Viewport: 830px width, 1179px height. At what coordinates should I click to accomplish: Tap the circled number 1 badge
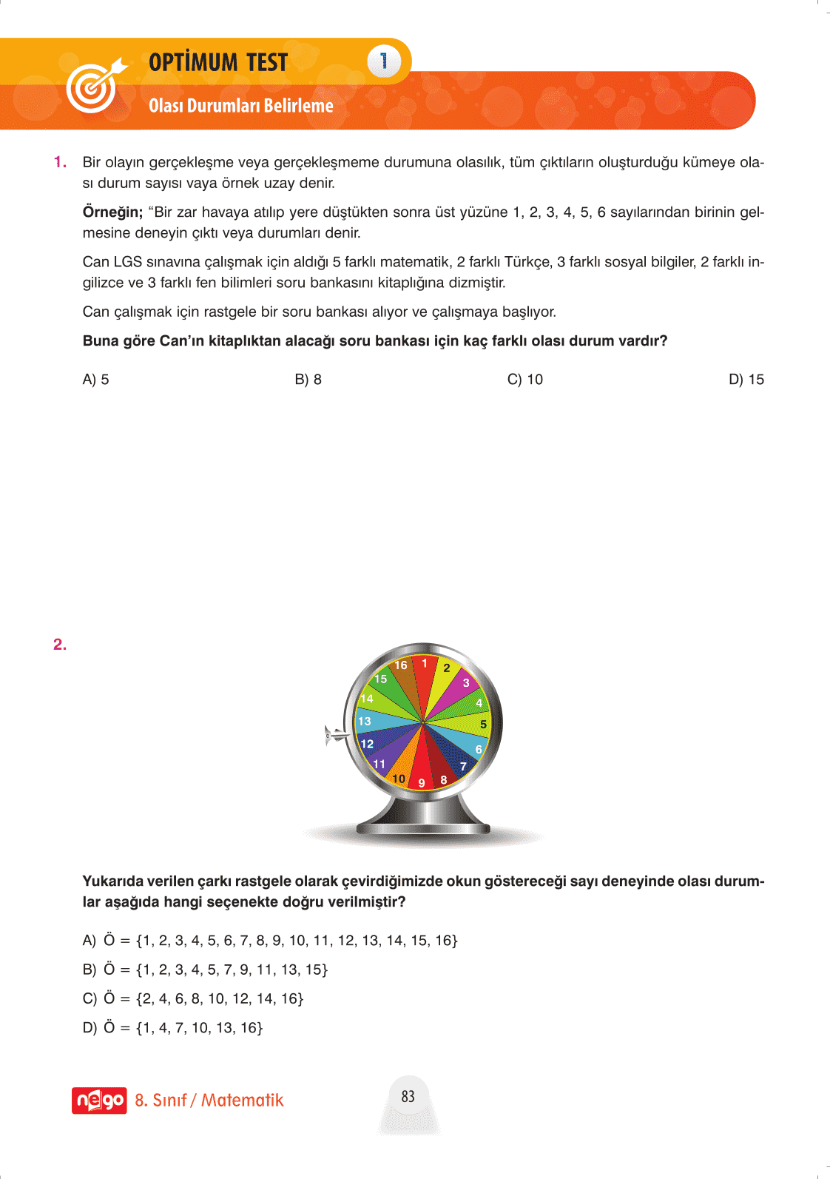[x=383, y=61]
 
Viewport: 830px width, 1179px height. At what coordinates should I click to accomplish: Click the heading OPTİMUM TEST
[x=218, y=62]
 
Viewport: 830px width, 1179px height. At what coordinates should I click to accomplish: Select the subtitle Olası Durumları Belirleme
[x=241, y=106]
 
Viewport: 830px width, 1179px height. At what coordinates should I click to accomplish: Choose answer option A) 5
[x=95, y=380]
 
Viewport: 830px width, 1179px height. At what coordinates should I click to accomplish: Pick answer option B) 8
[x=308, y=380]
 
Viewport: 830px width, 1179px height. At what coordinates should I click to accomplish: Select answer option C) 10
[x=524, y=380]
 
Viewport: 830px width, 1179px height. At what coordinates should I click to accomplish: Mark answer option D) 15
[x=746, y=380]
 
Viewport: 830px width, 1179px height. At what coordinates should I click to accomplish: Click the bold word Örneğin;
[x=112, y=212]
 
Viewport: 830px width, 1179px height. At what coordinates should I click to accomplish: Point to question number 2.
[x=60, y=645]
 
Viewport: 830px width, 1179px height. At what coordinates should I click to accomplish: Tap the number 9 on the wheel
[x=422, y=782]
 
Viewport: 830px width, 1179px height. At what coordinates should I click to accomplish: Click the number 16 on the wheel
[x=401, y=665]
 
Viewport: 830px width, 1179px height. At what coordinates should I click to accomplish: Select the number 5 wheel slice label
[x=483, y=725]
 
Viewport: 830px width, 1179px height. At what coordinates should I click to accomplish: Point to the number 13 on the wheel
[x=364, y=721]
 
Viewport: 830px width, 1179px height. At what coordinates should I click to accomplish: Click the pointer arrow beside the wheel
[x=336, y=735]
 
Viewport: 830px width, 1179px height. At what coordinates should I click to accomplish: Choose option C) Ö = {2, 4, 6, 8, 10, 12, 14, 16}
[x=193, y=998]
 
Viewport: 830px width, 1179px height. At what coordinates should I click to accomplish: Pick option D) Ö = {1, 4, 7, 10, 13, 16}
[x=172, y=1027]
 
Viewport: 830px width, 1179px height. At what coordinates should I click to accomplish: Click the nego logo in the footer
[x=99, y=1101]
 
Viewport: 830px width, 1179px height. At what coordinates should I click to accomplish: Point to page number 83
[x=408, y=1096]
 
